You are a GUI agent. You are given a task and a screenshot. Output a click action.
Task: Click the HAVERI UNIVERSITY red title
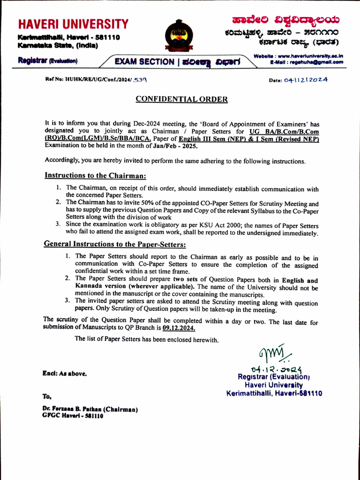[73, 24]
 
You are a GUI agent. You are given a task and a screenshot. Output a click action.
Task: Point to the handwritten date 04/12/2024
[306, 80]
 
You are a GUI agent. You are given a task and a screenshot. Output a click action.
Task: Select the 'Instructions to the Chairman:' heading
[95, 175]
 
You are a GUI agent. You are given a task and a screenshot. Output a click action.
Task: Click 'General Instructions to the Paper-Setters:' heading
[115, 244]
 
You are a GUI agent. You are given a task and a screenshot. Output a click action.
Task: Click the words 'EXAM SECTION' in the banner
[144, 61]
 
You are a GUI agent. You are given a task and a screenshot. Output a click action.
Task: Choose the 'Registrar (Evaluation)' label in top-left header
[47, 60]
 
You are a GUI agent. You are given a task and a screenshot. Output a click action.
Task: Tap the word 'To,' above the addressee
[47, 396]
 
